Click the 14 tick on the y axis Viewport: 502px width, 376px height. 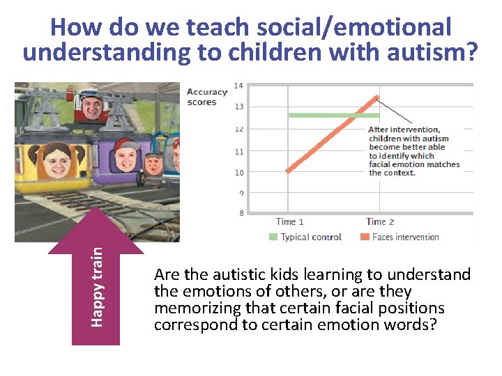click(238, 86)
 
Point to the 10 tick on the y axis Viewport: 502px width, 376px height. click(238, 172)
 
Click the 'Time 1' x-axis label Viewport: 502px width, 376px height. click(289, 222)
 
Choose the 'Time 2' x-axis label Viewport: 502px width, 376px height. click(380, 222)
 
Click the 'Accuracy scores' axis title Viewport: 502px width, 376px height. click(206, 97)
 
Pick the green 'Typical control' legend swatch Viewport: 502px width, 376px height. click(273, 237)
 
